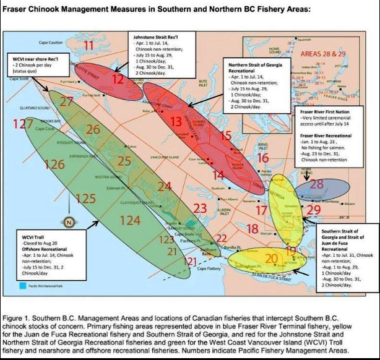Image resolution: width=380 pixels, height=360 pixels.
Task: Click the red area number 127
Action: pyautogui.click(x=24, y=124)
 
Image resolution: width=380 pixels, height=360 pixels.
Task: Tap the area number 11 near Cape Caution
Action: pyautogui.click(x=90, y=45)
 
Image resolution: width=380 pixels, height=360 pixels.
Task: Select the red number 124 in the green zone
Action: pyautogui.click(x=130, y=220)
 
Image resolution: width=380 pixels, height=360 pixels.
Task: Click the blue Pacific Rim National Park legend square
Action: pyautogui.click(x=23, y=286)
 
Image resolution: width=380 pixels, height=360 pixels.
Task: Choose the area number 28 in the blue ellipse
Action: pyautogui.click(x=316, y=184)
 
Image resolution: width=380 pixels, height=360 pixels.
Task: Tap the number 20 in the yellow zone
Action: pyautogui.click(x=271, y=258)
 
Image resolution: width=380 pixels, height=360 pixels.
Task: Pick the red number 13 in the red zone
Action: pyautogui.click(x=176, y=121)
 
